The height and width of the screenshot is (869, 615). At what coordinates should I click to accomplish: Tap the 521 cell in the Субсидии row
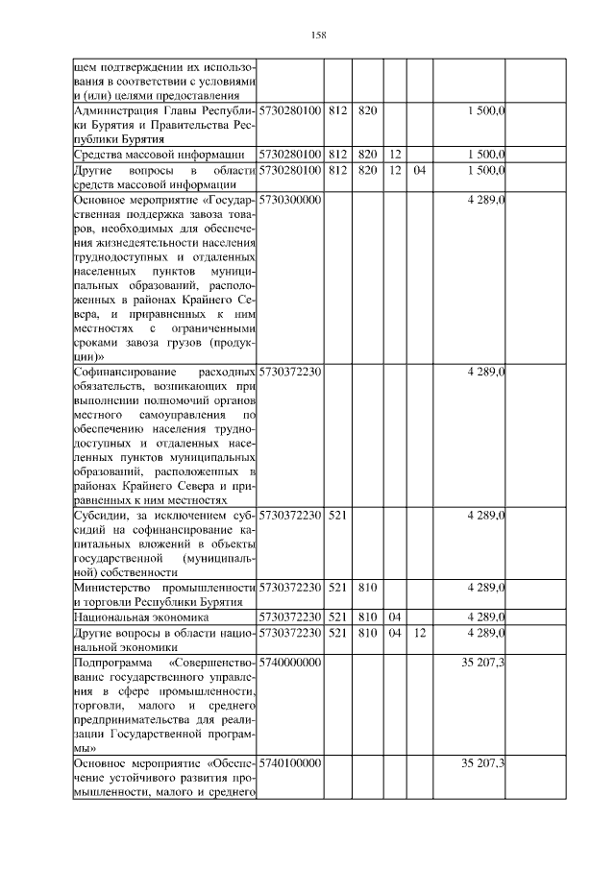336,515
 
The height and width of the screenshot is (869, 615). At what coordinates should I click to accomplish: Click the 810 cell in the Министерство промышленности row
366,587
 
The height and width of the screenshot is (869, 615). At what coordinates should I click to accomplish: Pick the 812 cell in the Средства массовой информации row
336,154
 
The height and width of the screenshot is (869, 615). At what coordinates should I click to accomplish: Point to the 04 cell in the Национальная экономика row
394,617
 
